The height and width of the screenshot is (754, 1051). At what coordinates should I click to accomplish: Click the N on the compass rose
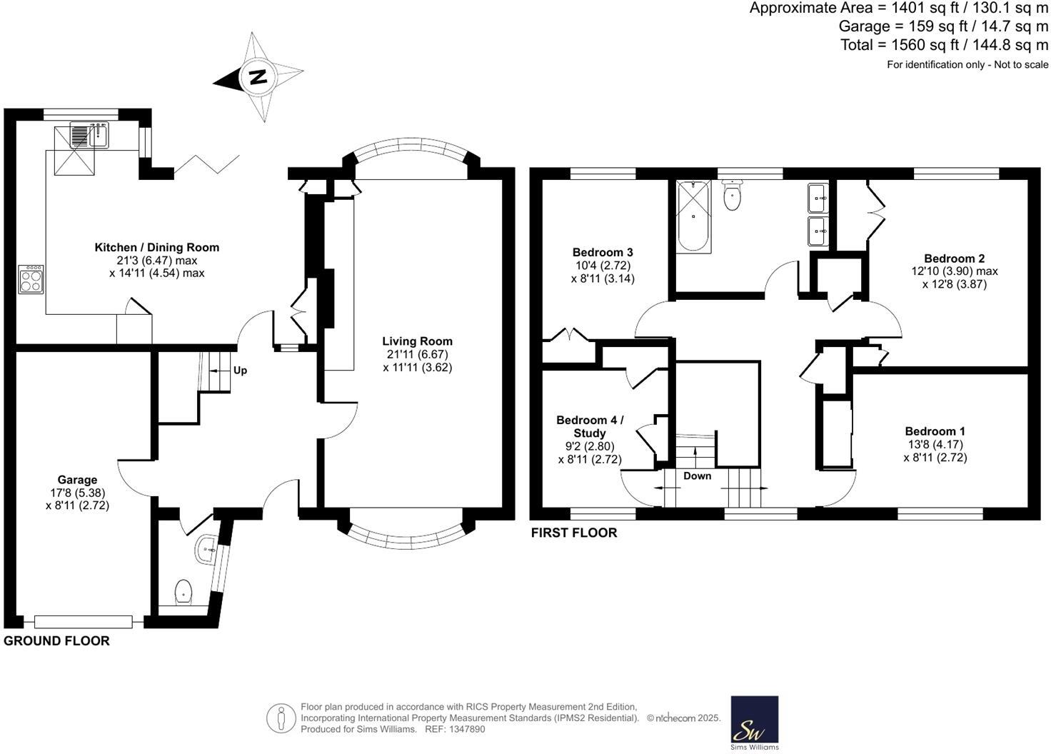258,77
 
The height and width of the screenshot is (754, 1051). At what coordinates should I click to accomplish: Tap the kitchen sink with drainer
89,135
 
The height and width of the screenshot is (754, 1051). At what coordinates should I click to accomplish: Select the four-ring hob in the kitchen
31,280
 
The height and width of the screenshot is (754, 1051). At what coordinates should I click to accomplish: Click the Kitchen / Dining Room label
156,247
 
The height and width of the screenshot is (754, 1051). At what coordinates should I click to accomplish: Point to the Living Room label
417,341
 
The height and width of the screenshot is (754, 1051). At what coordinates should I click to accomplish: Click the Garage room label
77,480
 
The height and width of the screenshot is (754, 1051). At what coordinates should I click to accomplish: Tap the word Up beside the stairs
240,371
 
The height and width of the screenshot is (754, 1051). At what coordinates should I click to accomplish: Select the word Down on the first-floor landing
698,476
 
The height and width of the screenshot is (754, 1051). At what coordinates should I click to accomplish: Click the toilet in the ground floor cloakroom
183,592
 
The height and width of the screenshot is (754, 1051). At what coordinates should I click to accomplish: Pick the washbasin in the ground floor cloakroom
206,549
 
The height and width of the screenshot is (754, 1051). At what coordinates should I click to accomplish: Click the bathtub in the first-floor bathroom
693,217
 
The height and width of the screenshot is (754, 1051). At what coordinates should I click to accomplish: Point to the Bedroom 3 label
603,253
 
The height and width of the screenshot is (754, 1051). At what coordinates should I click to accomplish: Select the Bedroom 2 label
955,258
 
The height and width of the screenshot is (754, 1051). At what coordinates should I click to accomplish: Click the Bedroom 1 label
935,431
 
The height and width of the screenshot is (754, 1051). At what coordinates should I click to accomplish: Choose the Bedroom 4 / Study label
590,426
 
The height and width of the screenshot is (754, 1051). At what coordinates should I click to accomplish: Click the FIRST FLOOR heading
574,533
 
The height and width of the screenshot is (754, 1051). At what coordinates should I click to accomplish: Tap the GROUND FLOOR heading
57,641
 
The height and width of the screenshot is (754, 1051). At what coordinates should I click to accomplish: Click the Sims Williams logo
755,723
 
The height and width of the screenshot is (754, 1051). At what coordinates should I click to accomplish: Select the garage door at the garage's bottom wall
84,622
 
